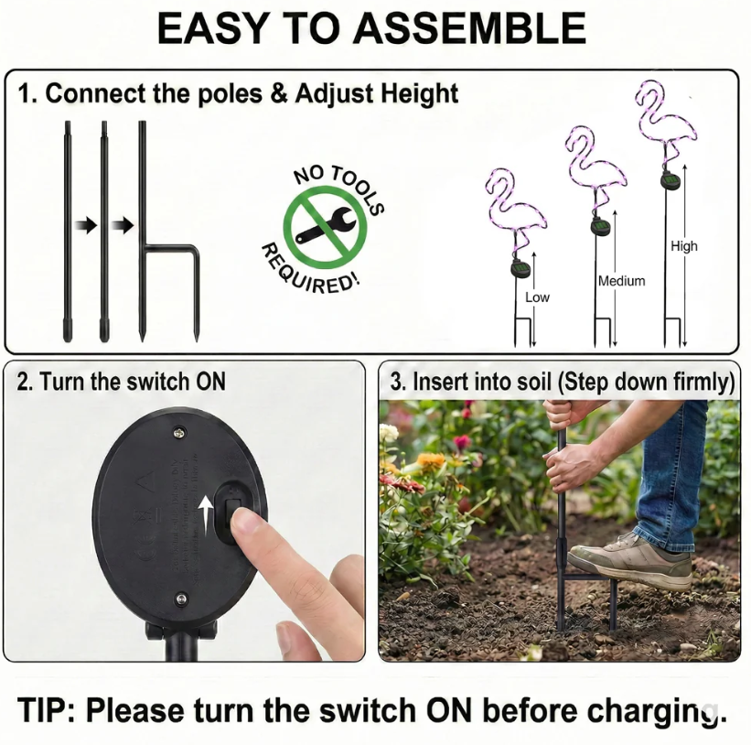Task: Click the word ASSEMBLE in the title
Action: [x=469, y=29]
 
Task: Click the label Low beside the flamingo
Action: [x=538, y=297]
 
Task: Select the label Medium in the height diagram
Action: [x=621, y=281]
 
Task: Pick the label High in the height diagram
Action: [x=683, y=245]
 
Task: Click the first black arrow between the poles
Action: [x=86, y=225]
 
